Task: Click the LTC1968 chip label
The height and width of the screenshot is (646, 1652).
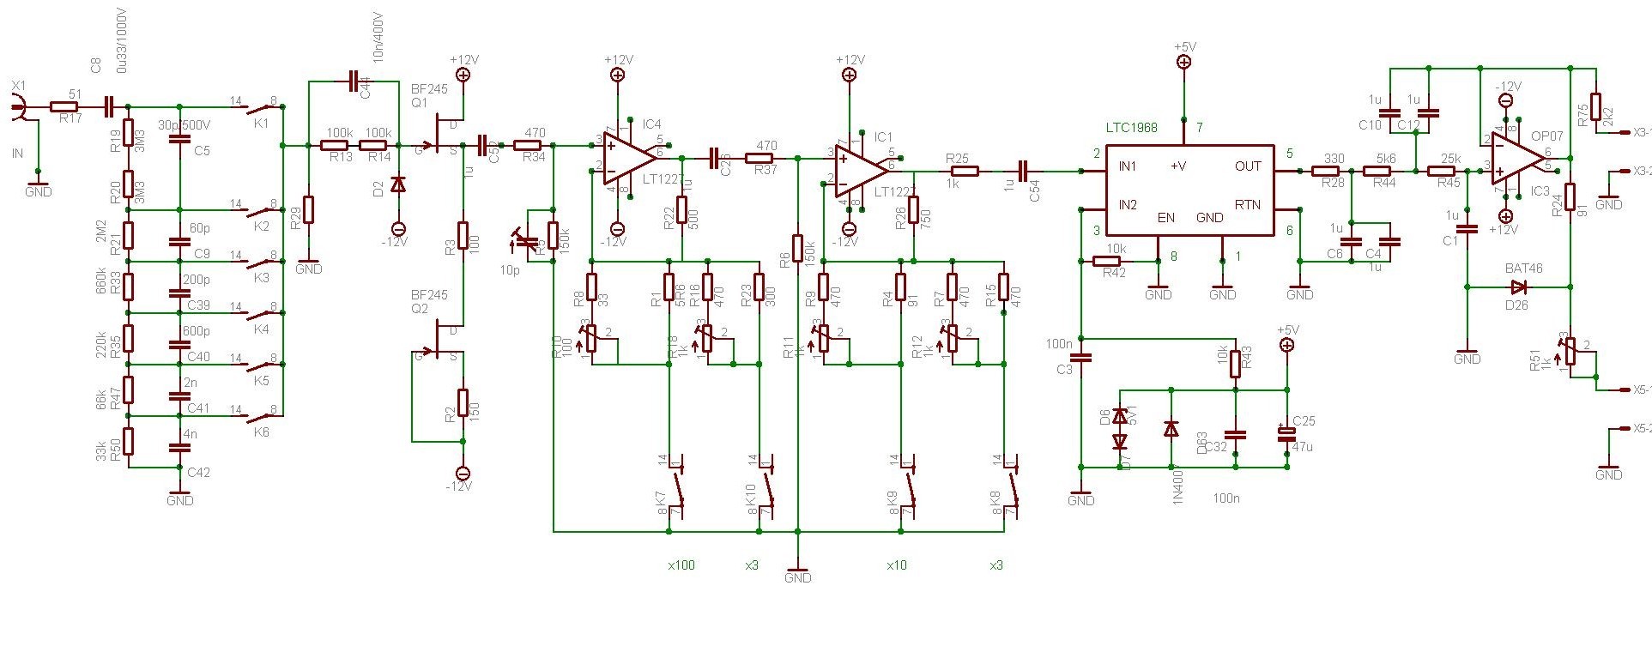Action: (x=1131, y=128)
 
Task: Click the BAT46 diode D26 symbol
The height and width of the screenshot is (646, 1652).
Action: (x=1518, y=287)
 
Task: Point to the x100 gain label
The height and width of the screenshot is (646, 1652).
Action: (x=681, y=565)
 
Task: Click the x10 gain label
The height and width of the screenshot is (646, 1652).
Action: (x=897, y=565)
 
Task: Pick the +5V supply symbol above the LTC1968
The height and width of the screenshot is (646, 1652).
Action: (x=1184, y=61)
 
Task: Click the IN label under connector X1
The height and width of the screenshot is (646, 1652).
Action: (x=17, y=154)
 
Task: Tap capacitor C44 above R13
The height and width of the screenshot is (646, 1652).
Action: (x=356, y=82)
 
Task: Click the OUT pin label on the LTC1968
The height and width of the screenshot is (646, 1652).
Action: (x=1249, y=166)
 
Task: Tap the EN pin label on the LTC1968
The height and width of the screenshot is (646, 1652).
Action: (x=1165, y=218)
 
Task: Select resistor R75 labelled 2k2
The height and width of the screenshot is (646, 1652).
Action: (x=1595, y=106)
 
